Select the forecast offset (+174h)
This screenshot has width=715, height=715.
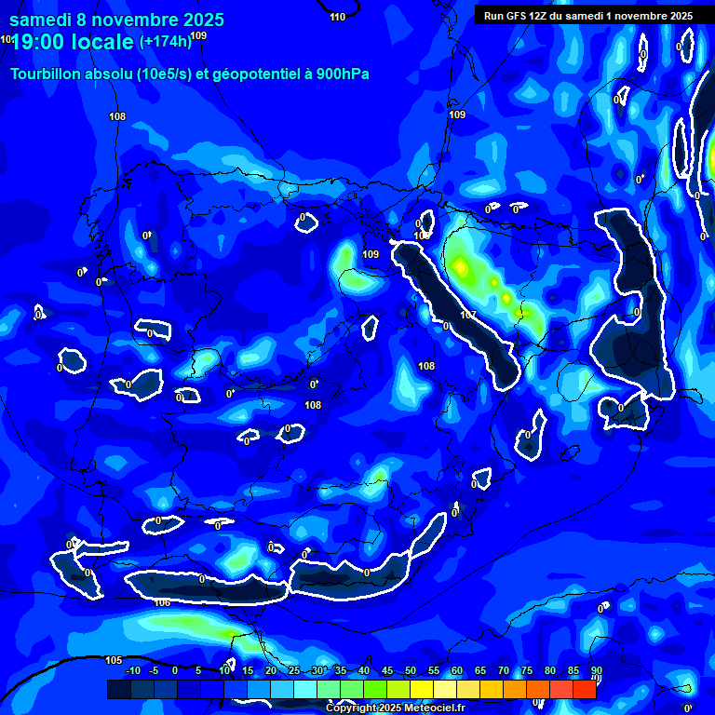[x=165, y=41]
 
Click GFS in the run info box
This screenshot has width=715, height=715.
[x=519, y=16]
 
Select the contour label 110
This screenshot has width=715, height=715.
[x=337, y=17]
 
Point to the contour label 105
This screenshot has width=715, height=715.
[x=114, y=660]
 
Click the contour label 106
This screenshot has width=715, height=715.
[x=162, y=603]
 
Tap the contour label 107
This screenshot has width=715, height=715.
[x=468, y=316]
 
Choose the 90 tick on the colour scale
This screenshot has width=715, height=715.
[x=597, y=670]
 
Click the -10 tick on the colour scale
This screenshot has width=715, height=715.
[x=132, y=670]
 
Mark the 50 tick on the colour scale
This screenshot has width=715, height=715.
[x=411, y=670]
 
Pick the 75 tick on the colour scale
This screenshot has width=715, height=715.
[x=527, y=670]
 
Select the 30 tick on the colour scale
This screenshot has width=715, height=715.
[x=317, y=670]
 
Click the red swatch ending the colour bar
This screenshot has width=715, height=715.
[x=584, y=689]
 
